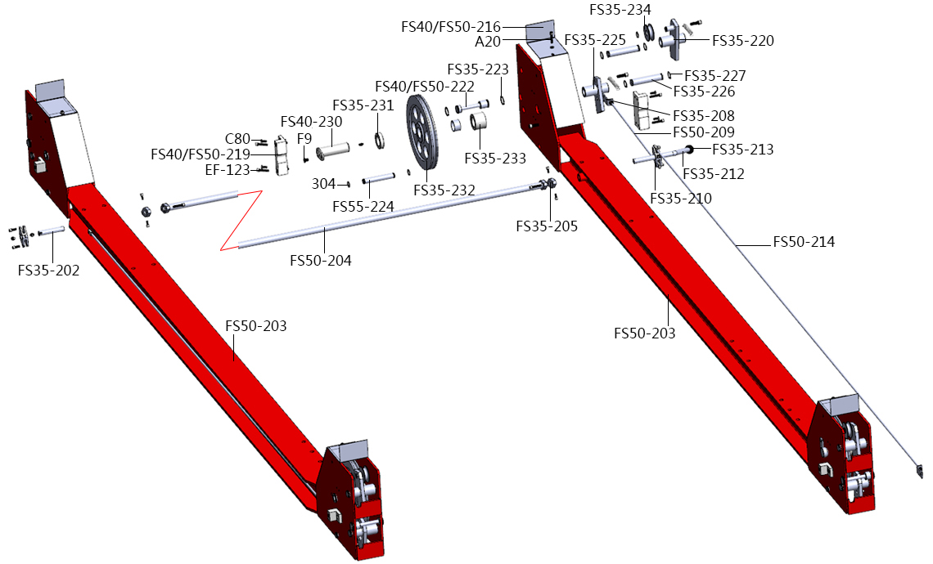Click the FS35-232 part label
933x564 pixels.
coord(444,190)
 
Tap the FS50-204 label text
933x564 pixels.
coord(321,260)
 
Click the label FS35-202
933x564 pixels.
coord(49,271)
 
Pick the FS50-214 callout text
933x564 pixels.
coord(804,242)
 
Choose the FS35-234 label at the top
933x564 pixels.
coord(620,10)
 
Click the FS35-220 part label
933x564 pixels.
coord(743,40)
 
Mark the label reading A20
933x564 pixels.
coord(488,42)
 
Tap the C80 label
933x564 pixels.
coord(237,139)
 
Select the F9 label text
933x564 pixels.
coord(304,138)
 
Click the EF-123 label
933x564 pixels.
coord(228,170)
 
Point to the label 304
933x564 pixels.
coord(324,184)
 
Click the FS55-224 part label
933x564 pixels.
coord(363,206)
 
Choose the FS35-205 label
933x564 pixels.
coord(547,226)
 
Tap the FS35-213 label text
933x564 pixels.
coord(743,149)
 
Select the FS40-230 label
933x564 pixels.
coord(312,122)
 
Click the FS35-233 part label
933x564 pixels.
coord(496,158)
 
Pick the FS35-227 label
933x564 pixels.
coord(715,75)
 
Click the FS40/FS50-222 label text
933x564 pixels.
coord(425,86)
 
